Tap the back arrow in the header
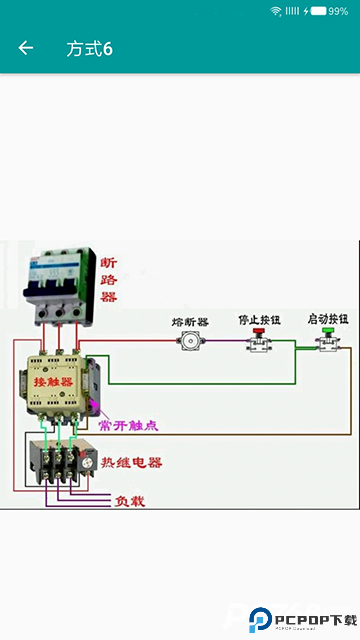click(x=26, y=48)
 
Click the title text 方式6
click(x=89, y=48)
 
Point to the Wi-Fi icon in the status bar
click(x=275, y=10)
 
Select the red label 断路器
click(x=109, y=280)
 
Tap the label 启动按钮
click(x=327, y=319)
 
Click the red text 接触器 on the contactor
click(x=52, y=382)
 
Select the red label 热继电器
click(x=131, y=463)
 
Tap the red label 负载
click(x=130, y=500)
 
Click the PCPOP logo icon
click(x=261, y=621)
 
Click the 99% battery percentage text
click(x=338, y=10)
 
